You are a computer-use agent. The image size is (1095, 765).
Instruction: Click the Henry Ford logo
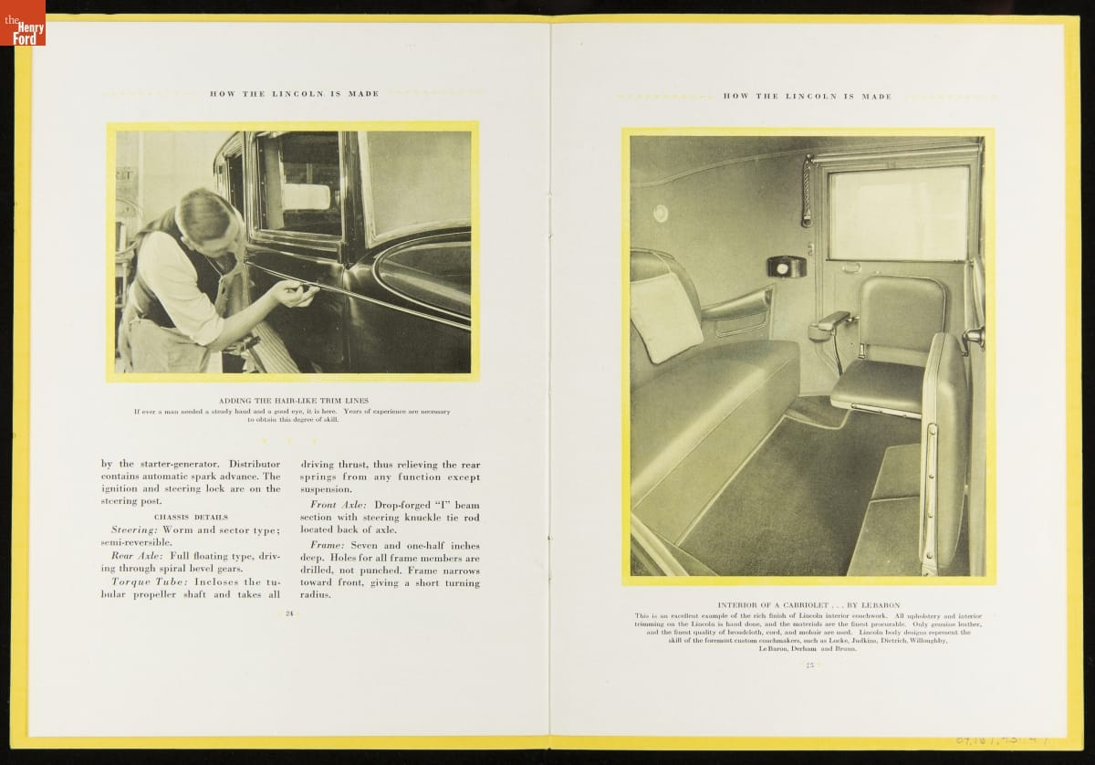(23, 23)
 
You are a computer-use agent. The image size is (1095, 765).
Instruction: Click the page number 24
(288, 613)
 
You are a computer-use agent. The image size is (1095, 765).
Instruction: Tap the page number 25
(808, 665)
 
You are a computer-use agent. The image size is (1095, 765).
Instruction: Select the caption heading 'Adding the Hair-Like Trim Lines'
(291, 401)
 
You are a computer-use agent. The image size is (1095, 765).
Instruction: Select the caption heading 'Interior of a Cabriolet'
(808, 605)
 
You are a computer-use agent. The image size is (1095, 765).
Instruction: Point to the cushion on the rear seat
(665, 316)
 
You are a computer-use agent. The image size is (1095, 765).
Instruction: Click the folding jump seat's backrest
(901, 315)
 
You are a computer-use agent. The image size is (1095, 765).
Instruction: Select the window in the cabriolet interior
(899, 213)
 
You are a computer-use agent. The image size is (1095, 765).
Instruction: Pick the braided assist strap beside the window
(806, 191)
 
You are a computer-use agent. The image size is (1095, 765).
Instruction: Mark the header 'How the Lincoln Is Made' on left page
(294, 93)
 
